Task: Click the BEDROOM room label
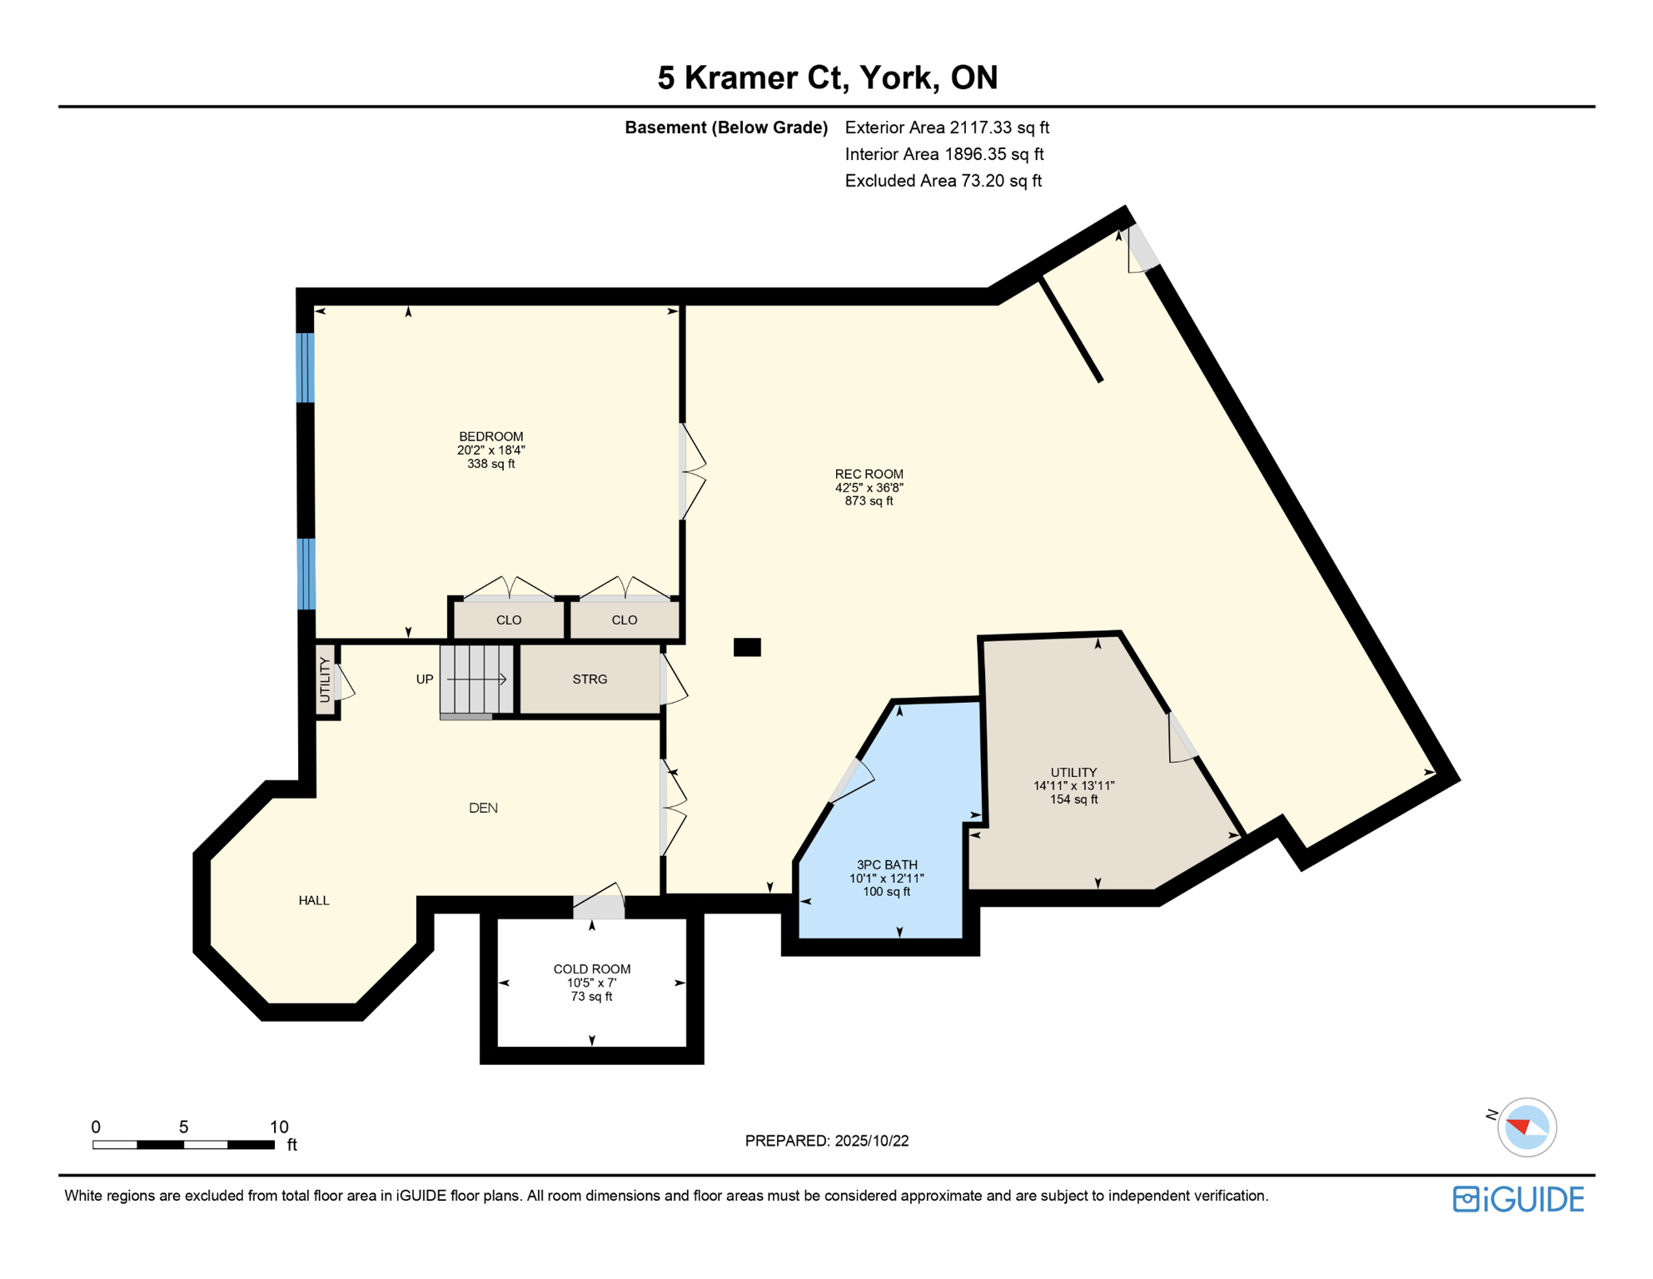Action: pos(490,436)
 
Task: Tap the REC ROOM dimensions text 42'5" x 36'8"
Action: pos(869,488)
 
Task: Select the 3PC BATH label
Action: pos(886,864)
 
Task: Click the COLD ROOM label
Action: pos(591,968)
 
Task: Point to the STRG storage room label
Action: pos(590,679)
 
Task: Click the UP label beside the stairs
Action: pos(425,679)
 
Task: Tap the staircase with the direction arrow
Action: pos(476,679)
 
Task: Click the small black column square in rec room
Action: pos(747,647)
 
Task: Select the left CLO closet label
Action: pos(509,620)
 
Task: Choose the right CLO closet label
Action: pos(624,620)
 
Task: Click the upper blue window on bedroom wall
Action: pos(306,367)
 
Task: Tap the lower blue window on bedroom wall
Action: pos(306,574)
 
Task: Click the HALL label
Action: pos(314,900)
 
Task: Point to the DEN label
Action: pos(483,808)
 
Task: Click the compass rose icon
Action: pos(1526,1127)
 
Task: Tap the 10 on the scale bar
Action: pos(279,1127)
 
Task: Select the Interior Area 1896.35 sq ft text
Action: pos(944,154)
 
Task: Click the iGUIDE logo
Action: pos(1518,1199)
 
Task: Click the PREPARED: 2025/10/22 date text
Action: pos(826,1141)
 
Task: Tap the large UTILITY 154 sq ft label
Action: pos(1073,773)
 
